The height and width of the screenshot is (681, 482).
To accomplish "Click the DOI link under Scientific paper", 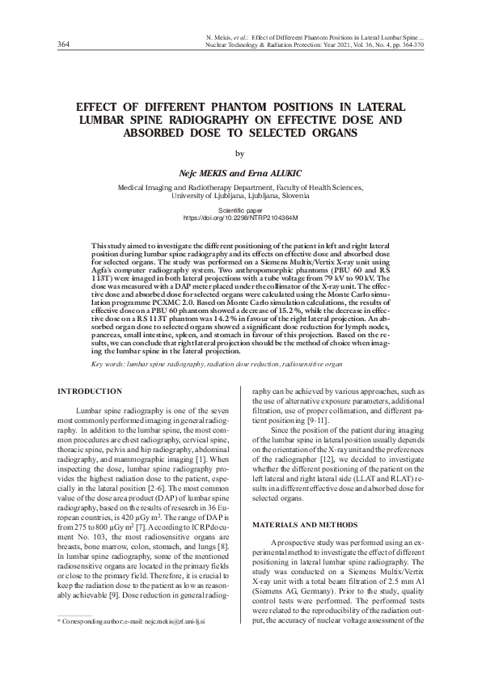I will coord(241,218).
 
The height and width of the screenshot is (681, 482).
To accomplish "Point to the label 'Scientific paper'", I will coord(241,209).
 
